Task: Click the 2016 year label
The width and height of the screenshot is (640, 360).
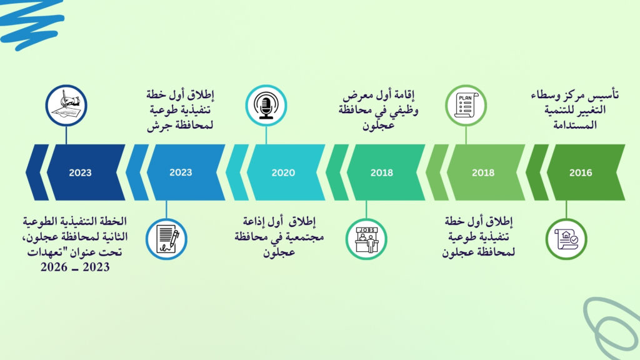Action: [581, 172]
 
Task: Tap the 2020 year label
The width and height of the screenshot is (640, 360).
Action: [283, 172]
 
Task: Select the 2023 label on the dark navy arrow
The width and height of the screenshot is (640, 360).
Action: [80, 172]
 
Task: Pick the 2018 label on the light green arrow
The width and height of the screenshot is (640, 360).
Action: [483, 172]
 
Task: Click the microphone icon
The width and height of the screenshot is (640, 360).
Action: [266, 105]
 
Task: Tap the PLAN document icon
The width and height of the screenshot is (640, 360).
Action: [466, 105]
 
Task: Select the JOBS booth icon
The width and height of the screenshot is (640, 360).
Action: [366, 239]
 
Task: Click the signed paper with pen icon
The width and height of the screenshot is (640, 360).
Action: [166, 239]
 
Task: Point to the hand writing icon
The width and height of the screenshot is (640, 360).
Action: [66, 105]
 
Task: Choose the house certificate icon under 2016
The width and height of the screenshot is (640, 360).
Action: [566, 239]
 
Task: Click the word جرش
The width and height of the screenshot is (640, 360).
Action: [157, 126]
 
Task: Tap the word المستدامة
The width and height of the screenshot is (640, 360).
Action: [575, 125]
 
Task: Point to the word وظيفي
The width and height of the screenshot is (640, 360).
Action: [402, 111]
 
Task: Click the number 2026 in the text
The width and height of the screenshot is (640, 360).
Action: [54, 267]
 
